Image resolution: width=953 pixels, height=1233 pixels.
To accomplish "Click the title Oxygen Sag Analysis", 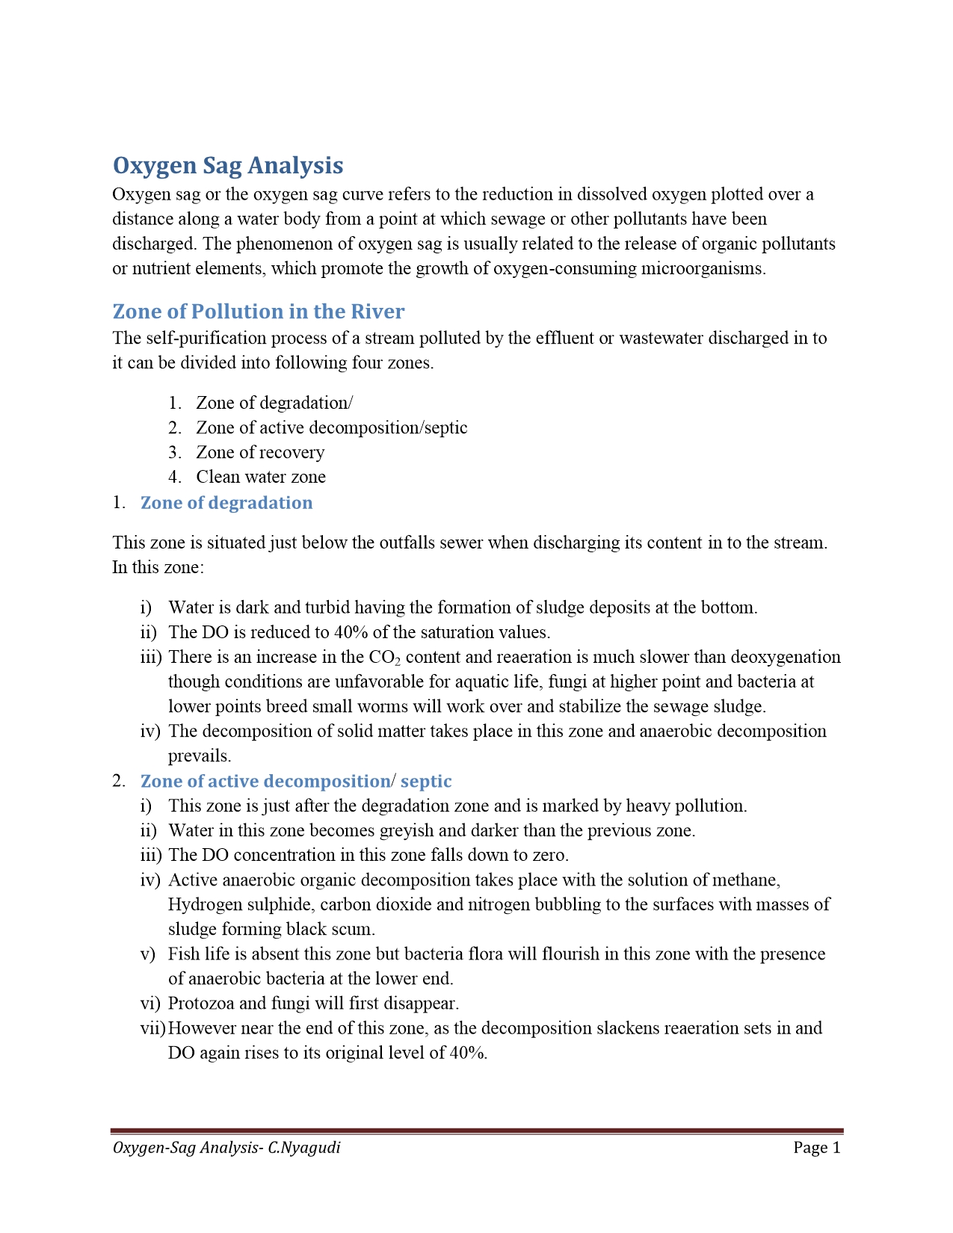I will (x=228, y=165).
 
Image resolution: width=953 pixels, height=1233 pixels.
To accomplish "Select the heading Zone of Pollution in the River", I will (x=259, y=311).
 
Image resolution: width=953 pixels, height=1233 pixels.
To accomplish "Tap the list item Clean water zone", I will (x=261, y=477).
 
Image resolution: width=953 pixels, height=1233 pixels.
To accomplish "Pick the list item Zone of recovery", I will (x=260, y=452).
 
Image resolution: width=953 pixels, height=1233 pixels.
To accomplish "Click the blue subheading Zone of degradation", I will (x=226, y=502).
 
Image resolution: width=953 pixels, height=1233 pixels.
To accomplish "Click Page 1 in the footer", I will (x=817, y=1147).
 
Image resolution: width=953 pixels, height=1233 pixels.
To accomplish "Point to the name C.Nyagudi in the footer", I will (x=304, y=1147).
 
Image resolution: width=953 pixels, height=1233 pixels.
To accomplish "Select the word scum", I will (x=354, y=929).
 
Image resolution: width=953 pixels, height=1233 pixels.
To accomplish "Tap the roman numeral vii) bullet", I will (x=152, y=1027).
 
